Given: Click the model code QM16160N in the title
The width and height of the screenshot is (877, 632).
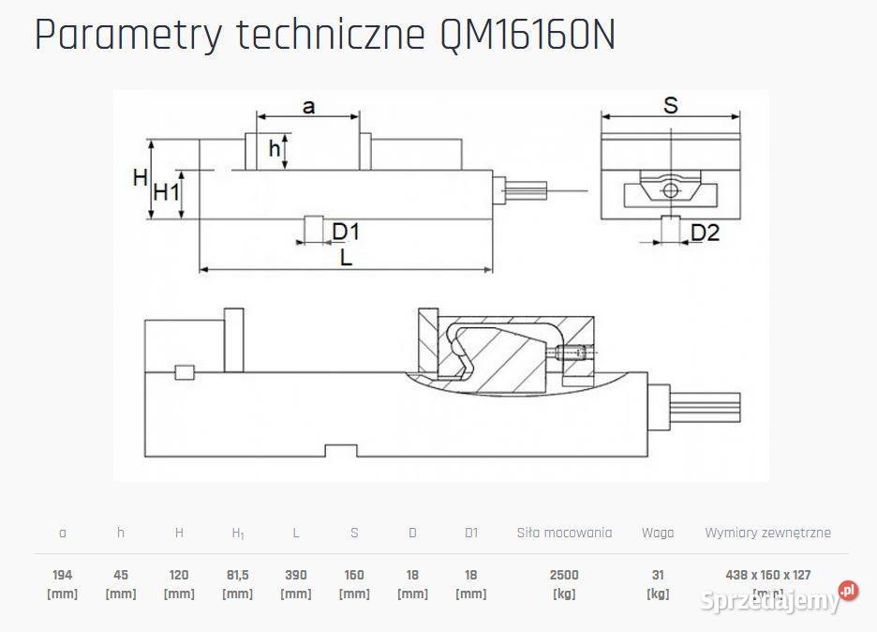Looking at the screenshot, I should (527, 36).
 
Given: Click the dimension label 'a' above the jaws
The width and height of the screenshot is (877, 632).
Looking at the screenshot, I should (308, 106).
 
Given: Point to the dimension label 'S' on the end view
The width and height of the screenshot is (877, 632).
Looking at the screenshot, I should (671, 105).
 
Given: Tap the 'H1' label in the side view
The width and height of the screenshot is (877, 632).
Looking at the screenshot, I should (166, 193).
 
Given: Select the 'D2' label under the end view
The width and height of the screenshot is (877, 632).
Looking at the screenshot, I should (705, 232).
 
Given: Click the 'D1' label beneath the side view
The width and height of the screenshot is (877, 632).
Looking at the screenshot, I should (346, 232).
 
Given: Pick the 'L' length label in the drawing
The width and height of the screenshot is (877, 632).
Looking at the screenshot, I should (346, 259).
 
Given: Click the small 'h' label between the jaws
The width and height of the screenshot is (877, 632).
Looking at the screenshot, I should (275, 148).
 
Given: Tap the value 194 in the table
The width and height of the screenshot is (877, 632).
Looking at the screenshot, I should (63, 575).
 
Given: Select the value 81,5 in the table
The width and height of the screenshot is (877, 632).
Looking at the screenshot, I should (237, 575).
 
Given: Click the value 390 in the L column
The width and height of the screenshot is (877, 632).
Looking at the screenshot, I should (296, 575).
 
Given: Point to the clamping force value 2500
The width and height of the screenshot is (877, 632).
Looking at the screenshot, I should (564, 575).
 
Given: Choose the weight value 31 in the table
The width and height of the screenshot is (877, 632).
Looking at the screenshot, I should (658, 575).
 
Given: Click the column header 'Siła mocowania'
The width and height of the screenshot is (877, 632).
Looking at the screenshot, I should (564, 533).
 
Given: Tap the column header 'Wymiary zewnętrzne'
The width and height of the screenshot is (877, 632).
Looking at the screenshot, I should (767, 533).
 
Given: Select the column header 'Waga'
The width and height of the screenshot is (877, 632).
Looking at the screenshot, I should (658, 533).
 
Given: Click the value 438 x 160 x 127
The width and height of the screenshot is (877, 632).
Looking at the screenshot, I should (767, 575).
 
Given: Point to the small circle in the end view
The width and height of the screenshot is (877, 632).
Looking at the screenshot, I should (669, 190).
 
